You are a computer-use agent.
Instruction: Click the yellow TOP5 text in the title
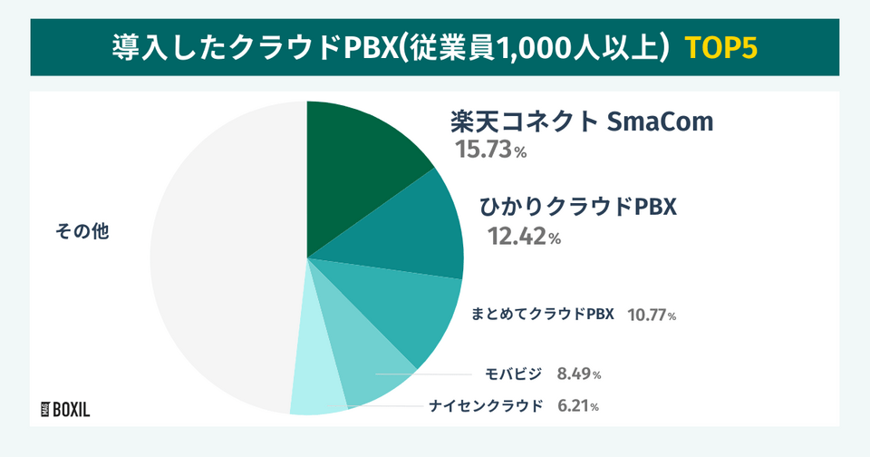click(x=720, y=46)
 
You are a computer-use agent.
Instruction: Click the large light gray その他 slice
click(x=217, y=272)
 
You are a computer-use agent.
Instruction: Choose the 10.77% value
click(x=652, y=316)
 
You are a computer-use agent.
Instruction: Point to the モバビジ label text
click(x=514, y=374)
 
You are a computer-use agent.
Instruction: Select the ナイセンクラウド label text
click(x=486, y=405)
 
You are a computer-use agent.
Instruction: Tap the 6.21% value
click(x=576, y=406)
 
